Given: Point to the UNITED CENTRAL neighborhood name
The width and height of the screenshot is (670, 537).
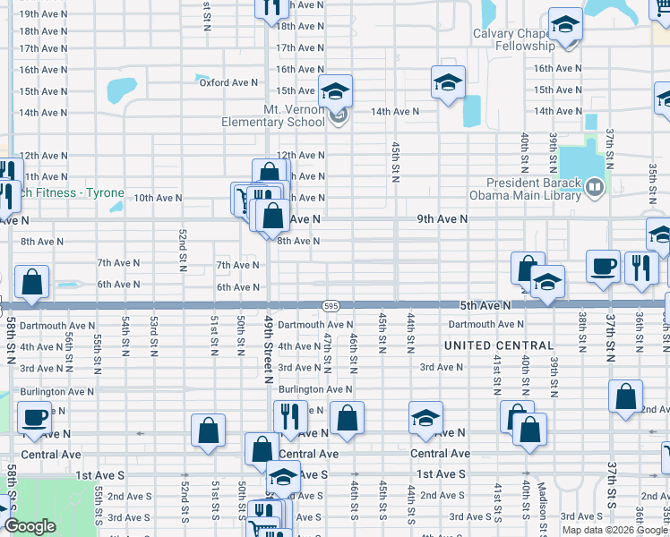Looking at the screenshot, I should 499,345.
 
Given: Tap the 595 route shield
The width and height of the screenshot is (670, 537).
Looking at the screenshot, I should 331,305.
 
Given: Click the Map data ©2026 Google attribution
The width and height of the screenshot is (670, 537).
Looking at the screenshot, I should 614,530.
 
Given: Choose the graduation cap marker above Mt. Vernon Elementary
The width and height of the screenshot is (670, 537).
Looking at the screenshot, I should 336,90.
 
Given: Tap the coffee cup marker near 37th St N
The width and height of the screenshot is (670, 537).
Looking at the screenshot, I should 604,266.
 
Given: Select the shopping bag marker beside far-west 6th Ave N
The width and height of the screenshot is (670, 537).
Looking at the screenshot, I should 32,281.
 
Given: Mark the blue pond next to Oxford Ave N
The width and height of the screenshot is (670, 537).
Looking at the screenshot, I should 118,90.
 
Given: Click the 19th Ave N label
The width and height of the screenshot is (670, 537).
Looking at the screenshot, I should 40,14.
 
